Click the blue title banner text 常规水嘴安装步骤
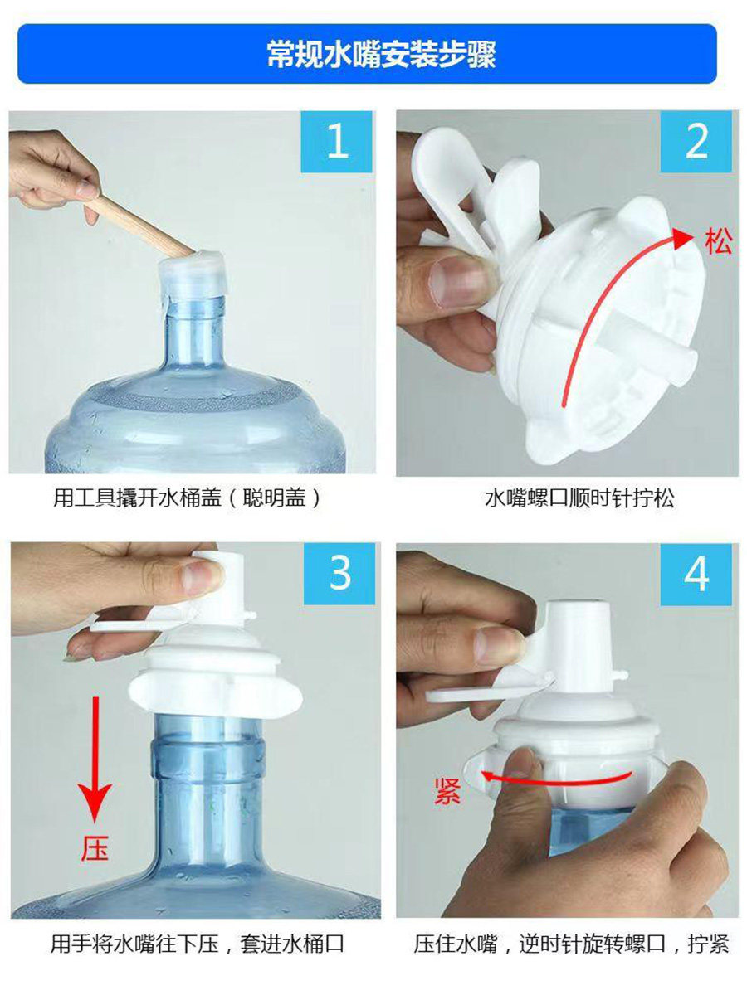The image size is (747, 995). point(380,54)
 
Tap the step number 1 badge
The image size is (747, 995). point(336,142)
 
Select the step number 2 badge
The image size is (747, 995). point(696,142)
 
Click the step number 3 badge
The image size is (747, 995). point(339,574)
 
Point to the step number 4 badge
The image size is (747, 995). point(696,575)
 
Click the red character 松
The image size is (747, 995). point(717,241)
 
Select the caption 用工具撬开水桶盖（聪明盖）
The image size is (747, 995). point(187,498)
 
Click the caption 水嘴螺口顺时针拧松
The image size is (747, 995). point(579,498)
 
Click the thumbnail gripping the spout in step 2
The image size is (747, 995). point(458,281)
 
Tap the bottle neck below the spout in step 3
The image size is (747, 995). point(207,770)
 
